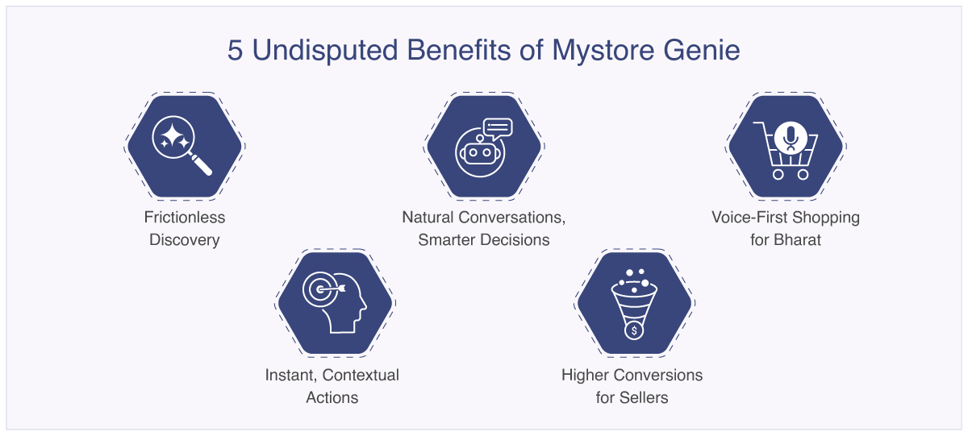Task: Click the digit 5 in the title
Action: pyautogui.click(x=235, y=50)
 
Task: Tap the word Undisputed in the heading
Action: pyautogui.click(x=324, y=51)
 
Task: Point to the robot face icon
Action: pyautogui.click(x=480, y=153)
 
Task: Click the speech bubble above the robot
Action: pyautogui.click(x=499, y=128)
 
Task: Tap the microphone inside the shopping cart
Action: pyautogui.click(x=791, y=138)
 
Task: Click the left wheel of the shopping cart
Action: pyautogui.click(x=778, y=174)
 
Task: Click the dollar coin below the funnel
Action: pyautogui.click(x=634, y=330)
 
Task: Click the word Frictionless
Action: pyautogui.click(x=185, y=217)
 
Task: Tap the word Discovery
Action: pyautogui.click(x=185, y=240)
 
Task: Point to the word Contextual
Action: pyautogui.click(x=361, y=375)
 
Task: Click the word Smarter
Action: pyautogui.click(x=449, y=239)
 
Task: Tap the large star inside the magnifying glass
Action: pyautogui.click(x=172, y=135)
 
